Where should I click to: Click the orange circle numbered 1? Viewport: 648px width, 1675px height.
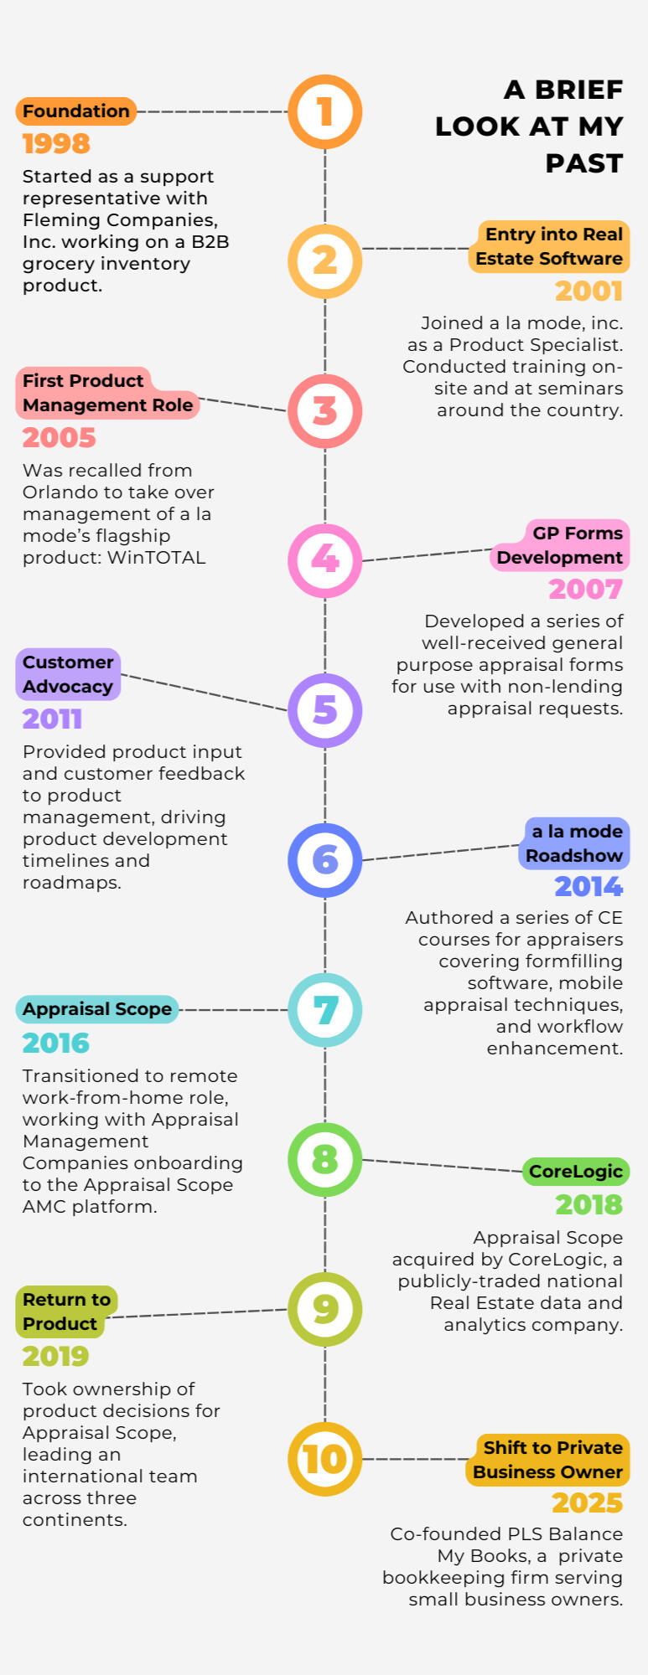coord(325,111)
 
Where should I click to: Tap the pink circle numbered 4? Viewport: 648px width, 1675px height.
coord(325,560)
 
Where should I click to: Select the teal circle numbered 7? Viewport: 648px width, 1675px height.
coord(325,1009)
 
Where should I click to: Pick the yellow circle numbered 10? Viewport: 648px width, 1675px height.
coord(325,1459)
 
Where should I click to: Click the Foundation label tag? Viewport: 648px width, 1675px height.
coord(75,111)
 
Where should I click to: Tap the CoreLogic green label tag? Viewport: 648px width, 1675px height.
coord(575,1172)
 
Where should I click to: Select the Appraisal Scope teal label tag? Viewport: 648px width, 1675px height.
coord(96,1009)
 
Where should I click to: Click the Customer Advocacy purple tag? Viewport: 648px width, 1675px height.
coord(68,674)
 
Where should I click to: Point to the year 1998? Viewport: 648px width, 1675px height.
coord(56,144)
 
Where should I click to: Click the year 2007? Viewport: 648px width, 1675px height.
coord(585,590)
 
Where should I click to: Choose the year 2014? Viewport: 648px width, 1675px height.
coord(588,886)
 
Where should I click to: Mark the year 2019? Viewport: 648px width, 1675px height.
coord(55,1356)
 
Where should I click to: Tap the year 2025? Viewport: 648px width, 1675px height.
coord(587,1503)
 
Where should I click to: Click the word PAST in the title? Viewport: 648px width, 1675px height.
coord(583,163)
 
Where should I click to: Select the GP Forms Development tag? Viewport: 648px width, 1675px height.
coord(560,545)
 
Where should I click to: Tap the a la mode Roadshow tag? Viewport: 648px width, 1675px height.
coord(575,843)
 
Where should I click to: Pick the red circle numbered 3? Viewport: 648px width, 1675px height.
coord(325,411)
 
